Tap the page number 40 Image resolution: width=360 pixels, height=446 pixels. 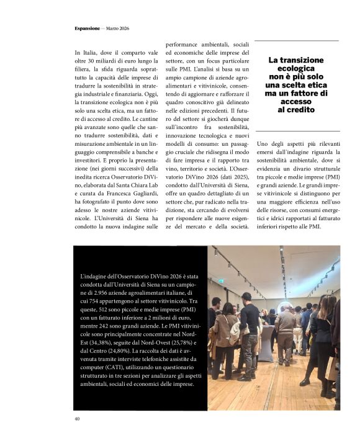pos(77,419)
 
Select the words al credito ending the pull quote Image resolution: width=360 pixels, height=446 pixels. pos(297,109)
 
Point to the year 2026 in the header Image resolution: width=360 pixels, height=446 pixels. pos(123,29)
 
